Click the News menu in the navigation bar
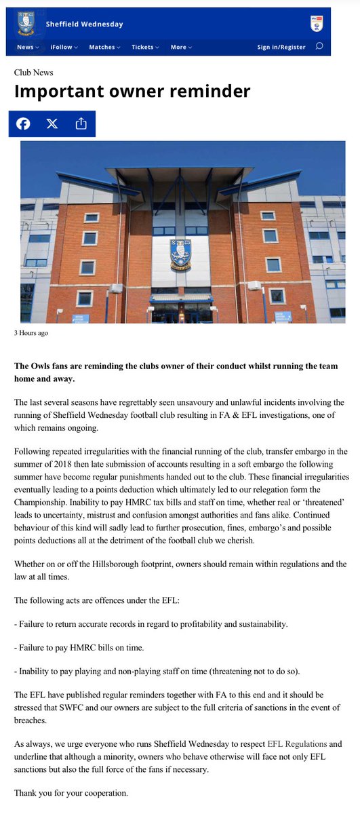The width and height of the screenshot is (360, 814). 28,47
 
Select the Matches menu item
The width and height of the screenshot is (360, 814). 104,47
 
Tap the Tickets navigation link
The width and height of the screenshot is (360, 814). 145,47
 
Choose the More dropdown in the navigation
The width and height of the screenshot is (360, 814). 181,47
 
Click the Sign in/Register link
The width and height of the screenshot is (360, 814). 281,47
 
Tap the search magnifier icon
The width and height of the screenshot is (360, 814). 319,47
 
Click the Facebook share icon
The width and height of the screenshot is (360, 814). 23,123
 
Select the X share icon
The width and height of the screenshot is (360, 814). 52,123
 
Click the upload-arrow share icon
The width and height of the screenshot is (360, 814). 81,123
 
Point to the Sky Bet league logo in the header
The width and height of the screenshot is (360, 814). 315,24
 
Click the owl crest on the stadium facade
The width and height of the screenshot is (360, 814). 180,254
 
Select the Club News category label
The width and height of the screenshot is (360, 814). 33,73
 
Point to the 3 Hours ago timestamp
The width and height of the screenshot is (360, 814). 31,333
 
